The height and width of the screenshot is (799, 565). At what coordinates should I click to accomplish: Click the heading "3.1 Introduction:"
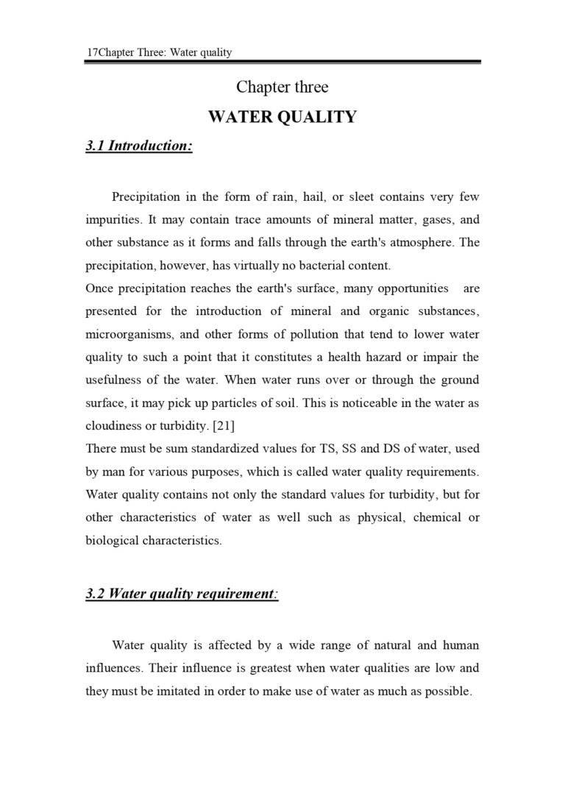point(139,146)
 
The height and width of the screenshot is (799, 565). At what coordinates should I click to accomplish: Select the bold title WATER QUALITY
point(282,117)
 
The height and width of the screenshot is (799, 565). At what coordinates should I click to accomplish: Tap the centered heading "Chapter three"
point(282,87)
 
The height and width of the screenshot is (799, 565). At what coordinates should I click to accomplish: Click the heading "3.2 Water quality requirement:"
point(182,594)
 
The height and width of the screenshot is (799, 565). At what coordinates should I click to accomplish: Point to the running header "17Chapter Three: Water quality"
point(159,52)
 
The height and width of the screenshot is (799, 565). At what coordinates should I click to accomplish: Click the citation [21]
point(222,426)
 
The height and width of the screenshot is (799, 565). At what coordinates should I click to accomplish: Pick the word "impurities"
point(113,220)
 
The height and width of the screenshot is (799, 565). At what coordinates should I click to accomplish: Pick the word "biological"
point(112,540)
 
